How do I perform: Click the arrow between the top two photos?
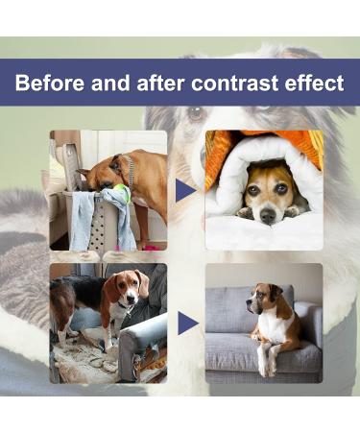[x=185, y=190]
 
